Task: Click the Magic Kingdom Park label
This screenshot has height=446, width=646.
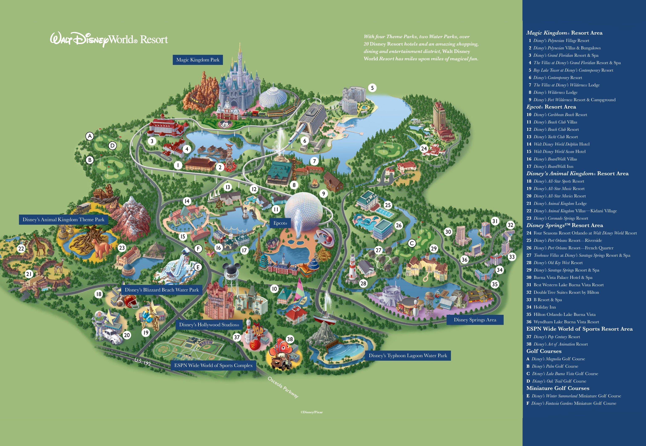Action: [x=198, y=60]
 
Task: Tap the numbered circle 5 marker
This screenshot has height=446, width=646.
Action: [x=372, y=88]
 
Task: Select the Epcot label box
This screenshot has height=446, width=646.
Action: [x=280, y=223]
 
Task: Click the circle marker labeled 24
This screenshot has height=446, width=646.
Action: [x=424, y=149]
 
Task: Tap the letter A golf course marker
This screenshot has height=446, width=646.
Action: [x=89, y=136]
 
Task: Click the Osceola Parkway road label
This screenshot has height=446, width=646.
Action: [x=283, y=387]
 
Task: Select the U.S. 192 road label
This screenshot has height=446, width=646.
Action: [x=142, y=362]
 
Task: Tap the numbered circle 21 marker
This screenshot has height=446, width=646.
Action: [x=29, y=274]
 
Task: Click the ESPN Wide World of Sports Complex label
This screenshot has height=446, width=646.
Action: [x=213, y=365]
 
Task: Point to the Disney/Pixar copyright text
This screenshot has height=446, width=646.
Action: [x=311, y=412]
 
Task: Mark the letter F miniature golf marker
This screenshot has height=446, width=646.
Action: [x=198, y=249]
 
